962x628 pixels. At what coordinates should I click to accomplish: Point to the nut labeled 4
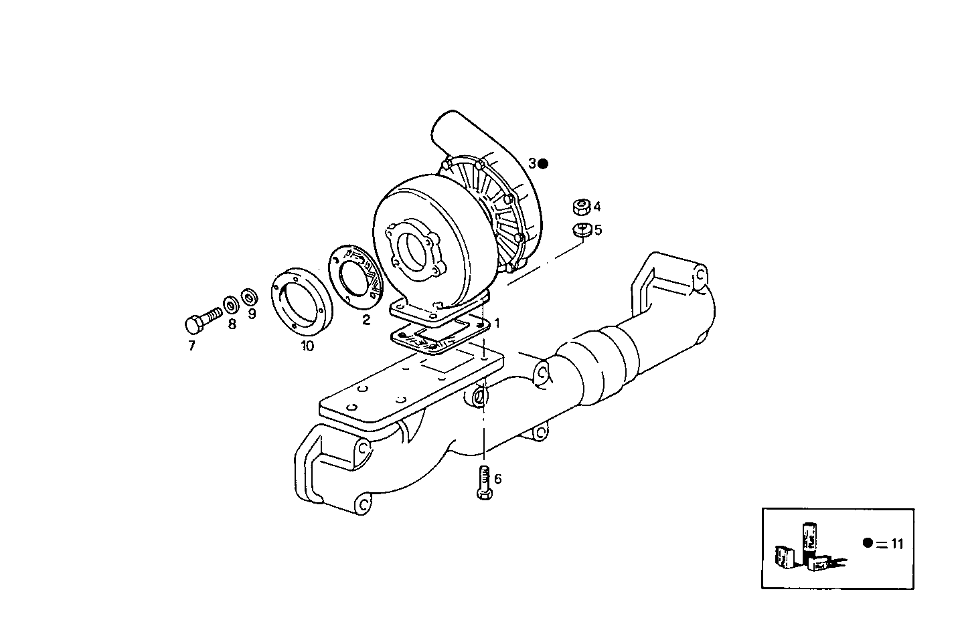tap(581, 206)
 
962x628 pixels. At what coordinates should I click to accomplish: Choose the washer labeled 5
tap(581, 230)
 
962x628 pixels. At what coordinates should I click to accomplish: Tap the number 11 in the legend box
tap(897, 544)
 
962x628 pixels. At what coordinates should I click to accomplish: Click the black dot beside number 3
tap(543, 163)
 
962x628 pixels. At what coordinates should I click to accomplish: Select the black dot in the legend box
tap(868, 543)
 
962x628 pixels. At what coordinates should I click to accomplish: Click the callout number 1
tap(497, 322)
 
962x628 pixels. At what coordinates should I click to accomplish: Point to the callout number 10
tap(307, 346)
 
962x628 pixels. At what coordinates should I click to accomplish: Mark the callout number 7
tap(191, 346)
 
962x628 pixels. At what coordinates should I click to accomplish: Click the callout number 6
tap(497, 479)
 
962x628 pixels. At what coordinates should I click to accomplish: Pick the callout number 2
tap(366, 320)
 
